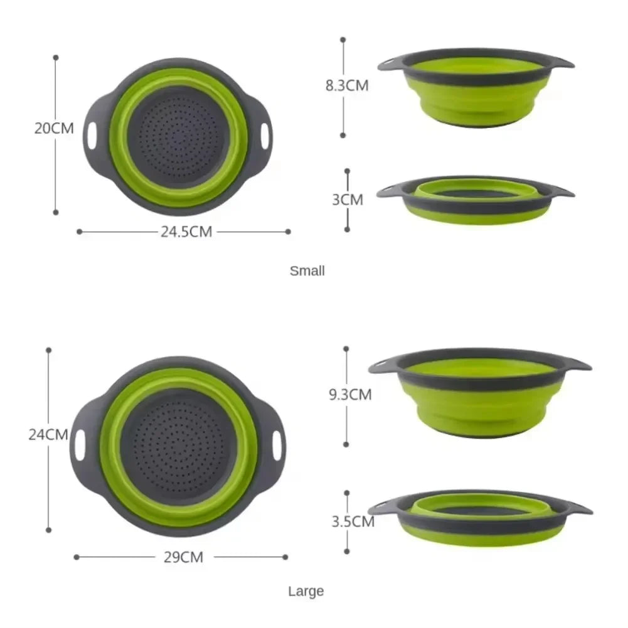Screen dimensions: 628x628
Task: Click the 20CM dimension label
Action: (54, 129)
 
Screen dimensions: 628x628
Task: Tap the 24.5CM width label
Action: (186, 232)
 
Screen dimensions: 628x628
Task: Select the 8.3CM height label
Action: (347, 86)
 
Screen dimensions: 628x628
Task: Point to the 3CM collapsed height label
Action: (348, 200)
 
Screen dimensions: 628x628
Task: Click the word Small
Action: (307, 271)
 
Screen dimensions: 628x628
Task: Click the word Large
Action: (306, 591)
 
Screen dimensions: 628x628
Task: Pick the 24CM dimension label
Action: (48, 434)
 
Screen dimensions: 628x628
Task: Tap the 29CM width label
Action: (183, 556)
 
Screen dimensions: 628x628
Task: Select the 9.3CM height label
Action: (350, 395)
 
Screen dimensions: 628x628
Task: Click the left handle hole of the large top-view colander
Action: (80, 444)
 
